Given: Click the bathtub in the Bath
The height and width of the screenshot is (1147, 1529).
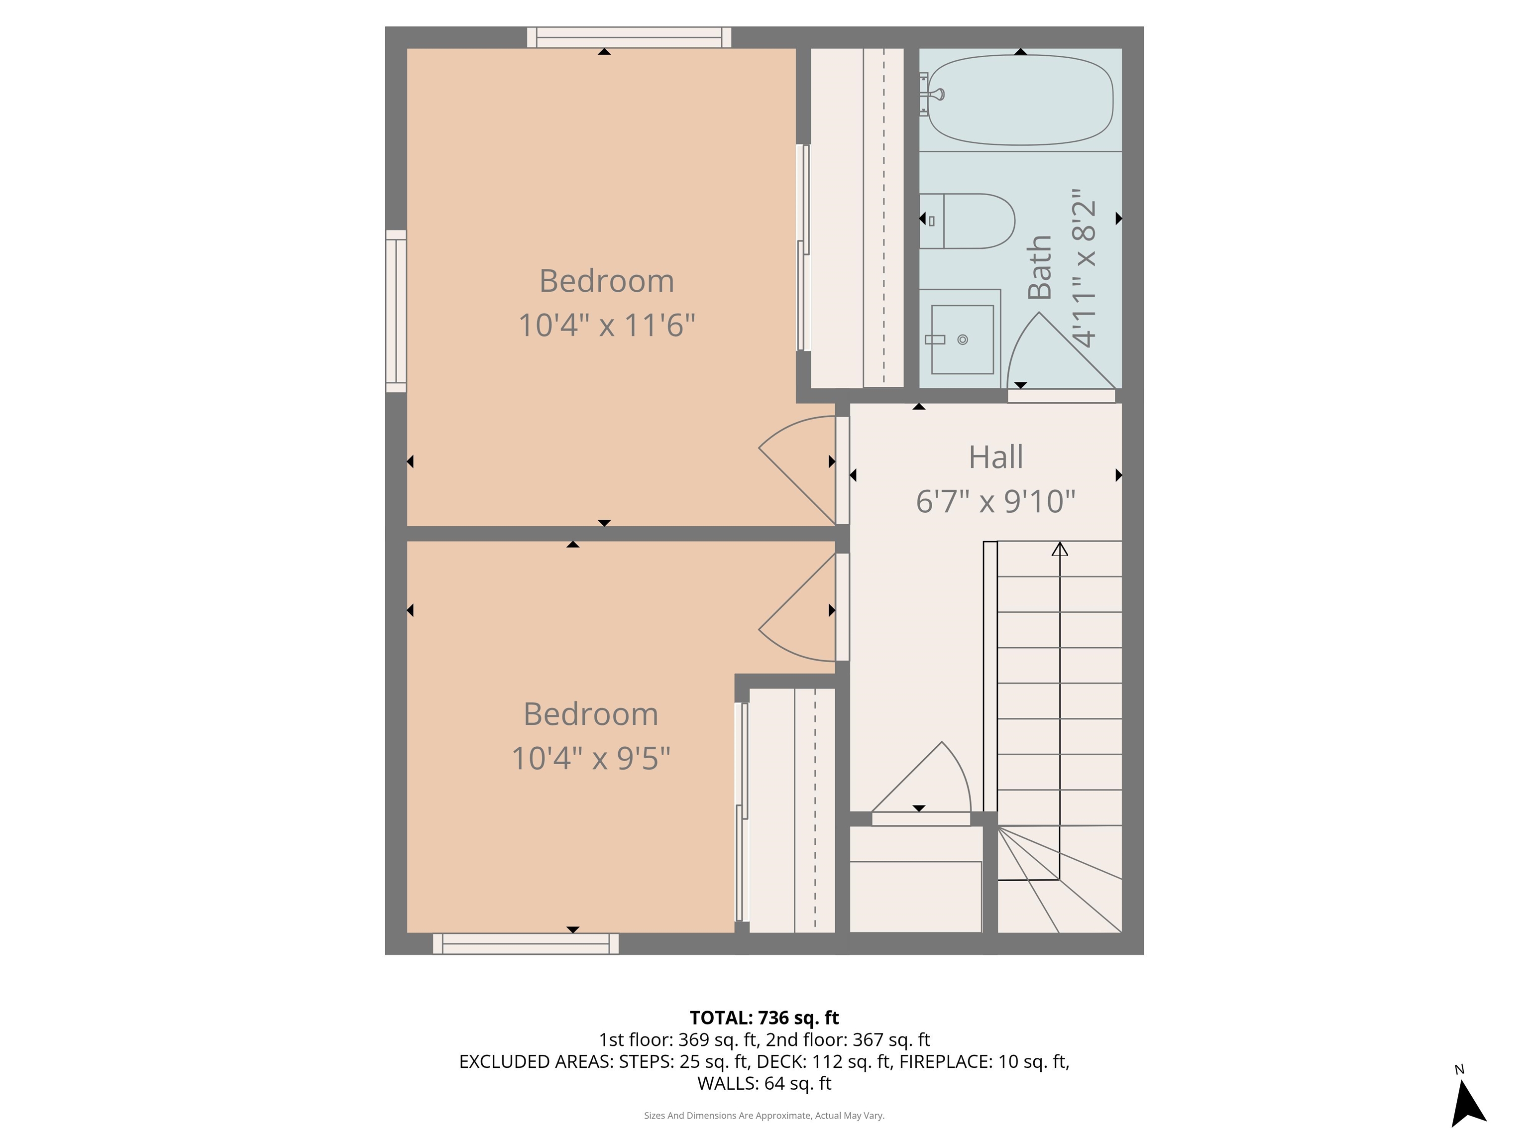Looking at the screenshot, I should click(x=1020, y=100).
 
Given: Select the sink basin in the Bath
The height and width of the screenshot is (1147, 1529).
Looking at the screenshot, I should click(x=962, y=340).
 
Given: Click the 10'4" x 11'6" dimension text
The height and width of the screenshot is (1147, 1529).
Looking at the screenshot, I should click(x=606, y=325).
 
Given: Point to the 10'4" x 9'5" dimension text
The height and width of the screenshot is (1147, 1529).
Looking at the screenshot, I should click(x=590, y=759).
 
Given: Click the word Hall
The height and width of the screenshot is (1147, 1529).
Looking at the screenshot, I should click(x=995, y=457).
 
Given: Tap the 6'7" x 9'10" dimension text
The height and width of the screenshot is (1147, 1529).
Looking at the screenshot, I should click(x=995, y=501).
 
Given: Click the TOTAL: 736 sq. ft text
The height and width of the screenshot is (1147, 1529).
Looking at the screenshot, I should click(x=764, y=1018).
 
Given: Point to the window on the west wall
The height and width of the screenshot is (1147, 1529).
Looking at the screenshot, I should click(x=396, y=311).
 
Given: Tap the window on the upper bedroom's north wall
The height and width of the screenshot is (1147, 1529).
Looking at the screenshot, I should click(x=629, y=37).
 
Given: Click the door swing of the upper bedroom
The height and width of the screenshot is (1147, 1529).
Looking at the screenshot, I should click(x=795, y=463).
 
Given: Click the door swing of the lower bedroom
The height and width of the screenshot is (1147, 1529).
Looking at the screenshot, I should click(x=795, y=615).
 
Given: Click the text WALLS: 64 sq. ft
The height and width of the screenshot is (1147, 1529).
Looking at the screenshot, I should click(x=764, y=1083).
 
